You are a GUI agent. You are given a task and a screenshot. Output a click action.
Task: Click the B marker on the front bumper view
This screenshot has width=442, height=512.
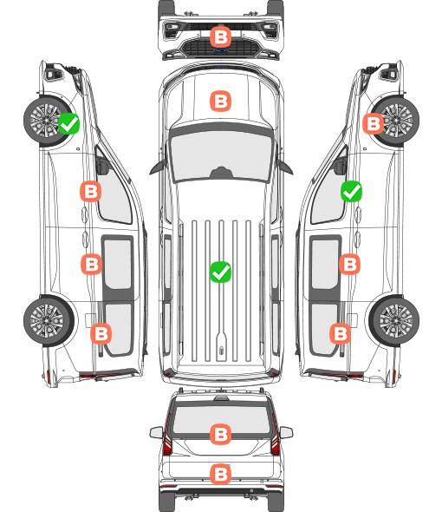pos(220,36)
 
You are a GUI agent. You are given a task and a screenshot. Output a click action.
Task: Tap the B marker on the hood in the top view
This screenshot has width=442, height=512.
pos(220,101)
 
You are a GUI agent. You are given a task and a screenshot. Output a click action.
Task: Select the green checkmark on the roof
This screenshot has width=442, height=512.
pos(220,272)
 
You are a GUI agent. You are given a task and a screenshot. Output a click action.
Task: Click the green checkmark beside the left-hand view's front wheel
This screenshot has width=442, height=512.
pos(68,123)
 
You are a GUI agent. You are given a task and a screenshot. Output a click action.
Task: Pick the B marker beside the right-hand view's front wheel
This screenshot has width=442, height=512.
pos(374,123)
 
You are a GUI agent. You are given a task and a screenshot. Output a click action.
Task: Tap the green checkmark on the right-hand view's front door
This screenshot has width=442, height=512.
pos(351,191)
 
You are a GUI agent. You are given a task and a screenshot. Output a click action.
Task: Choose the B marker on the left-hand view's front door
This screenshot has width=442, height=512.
pos(91,191)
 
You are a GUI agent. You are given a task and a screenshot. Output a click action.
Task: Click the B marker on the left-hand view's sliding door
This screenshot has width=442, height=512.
pos(91,264)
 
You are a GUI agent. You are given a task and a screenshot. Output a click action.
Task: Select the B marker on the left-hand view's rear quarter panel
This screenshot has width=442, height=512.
pos(101,334)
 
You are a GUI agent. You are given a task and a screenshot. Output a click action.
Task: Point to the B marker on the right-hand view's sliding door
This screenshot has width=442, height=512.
pos(349,264)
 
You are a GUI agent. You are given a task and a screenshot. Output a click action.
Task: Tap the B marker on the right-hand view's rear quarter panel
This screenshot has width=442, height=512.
pos(341,334)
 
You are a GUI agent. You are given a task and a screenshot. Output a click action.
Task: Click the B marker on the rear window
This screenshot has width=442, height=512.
pos(220,434)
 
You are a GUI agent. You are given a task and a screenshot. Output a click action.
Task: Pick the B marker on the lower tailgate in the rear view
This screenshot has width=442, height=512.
pos(220,475)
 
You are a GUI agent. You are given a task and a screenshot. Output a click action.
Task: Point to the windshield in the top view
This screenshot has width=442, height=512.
pos(221,155)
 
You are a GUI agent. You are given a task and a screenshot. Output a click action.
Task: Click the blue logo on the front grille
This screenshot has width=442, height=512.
pos(220,50)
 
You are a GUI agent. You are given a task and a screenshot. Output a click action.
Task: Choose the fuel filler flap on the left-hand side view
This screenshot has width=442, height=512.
pos(90,320)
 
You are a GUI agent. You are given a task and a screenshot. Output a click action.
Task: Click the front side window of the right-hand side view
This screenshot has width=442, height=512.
pos(328,196)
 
